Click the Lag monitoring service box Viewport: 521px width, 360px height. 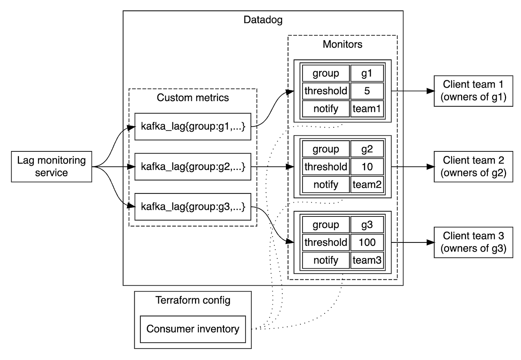51,167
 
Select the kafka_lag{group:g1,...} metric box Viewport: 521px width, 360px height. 193,127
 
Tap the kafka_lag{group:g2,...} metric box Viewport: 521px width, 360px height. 193,167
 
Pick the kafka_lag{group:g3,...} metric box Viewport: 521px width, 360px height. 193,207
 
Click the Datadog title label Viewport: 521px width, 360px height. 263,20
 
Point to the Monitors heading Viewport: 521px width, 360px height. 342,44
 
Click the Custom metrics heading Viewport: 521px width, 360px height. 193,97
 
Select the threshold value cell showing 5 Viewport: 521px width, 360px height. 367,91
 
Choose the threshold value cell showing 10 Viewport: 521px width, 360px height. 367,167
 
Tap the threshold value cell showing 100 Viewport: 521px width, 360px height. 367,242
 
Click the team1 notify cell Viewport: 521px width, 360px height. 367,109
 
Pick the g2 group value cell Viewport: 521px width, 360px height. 367,149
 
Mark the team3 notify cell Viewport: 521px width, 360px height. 367,260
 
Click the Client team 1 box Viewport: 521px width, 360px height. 473,91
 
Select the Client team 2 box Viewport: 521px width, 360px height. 473,167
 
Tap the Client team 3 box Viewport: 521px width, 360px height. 473,242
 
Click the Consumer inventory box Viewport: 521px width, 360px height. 193,329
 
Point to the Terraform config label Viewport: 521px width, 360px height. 193,300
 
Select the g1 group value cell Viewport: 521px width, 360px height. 367,73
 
